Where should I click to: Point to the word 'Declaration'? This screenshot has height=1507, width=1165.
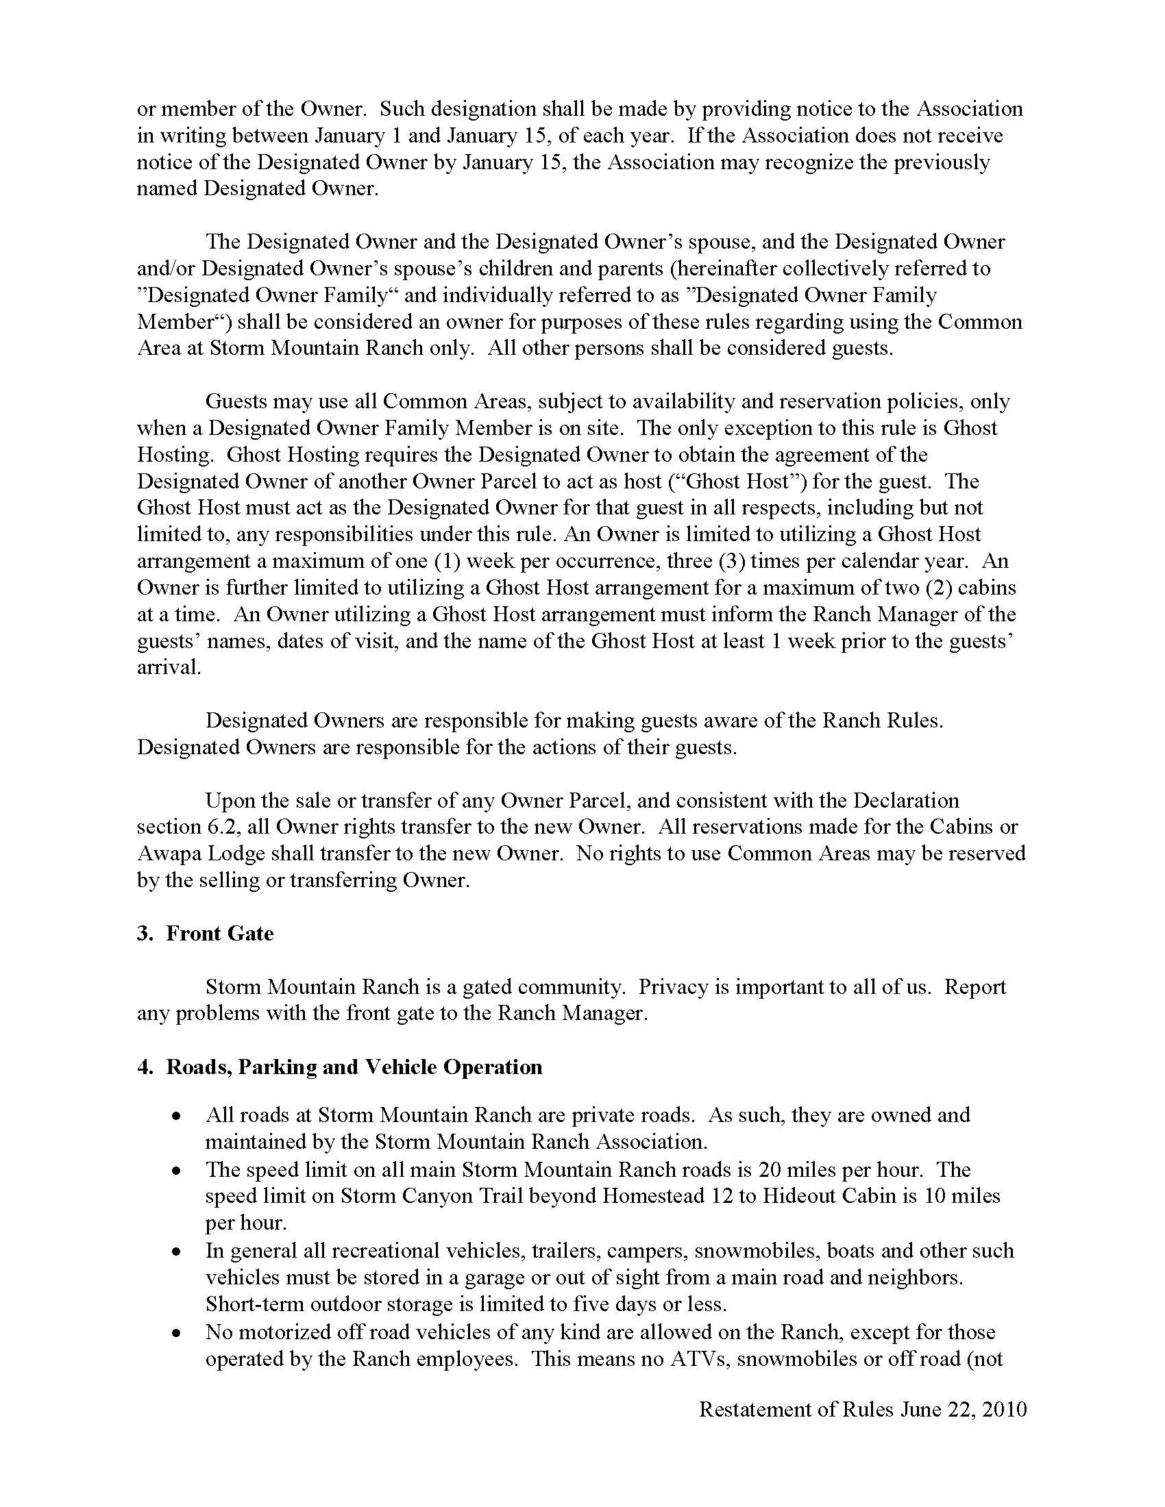(x=905, y=800)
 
